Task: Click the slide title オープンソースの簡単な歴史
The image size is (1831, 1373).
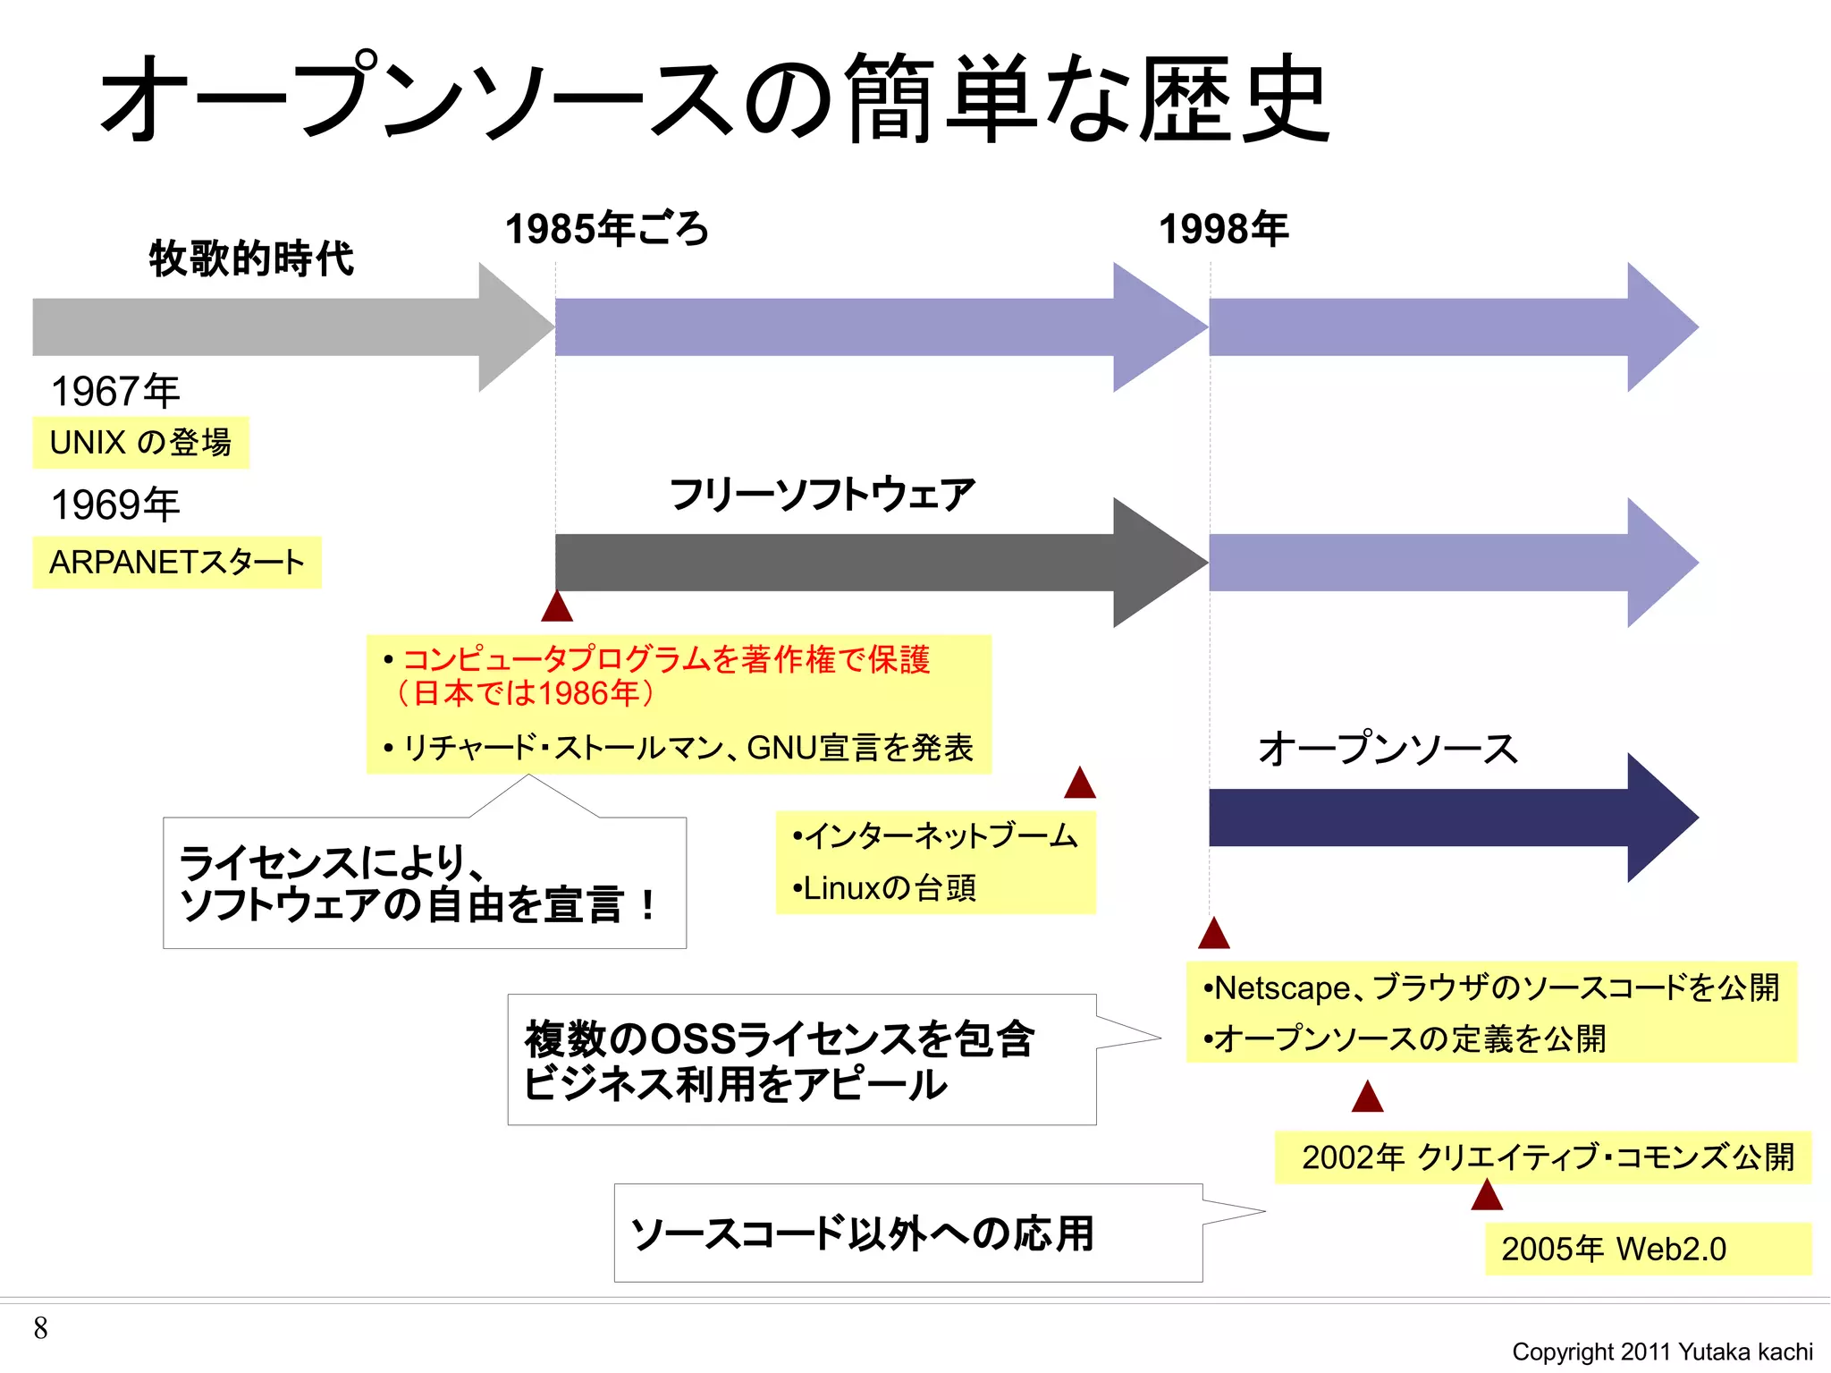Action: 715,98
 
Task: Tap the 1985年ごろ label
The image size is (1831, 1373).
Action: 607,229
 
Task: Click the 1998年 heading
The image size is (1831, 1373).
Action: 1223,229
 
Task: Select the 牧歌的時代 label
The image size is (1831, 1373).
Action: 251,258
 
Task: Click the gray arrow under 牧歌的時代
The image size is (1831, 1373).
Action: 268,327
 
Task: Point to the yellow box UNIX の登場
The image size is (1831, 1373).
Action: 140,443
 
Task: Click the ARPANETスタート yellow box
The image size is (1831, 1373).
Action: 177,563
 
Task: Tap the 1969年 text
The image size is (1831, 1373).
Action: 115,505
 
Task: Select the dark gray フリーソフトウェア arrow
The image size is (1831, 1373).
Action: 849,563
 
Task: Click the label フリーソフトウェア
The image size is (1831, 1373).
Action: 822,495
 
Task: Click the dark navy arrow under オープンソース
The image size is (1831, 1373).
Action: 1430,818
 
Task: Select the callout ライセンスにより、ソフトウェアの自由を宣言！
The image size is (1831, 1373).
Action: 424,883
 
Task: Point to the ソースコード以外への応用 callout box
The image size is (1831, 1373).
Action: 907,1233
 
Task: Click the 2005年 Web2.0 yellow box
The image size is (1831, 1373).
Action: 1647,1249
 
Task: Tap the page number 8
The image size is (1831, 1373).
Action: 40,1328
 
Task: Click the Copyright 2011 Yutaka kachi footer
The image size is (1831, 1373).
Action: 1662,1352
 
